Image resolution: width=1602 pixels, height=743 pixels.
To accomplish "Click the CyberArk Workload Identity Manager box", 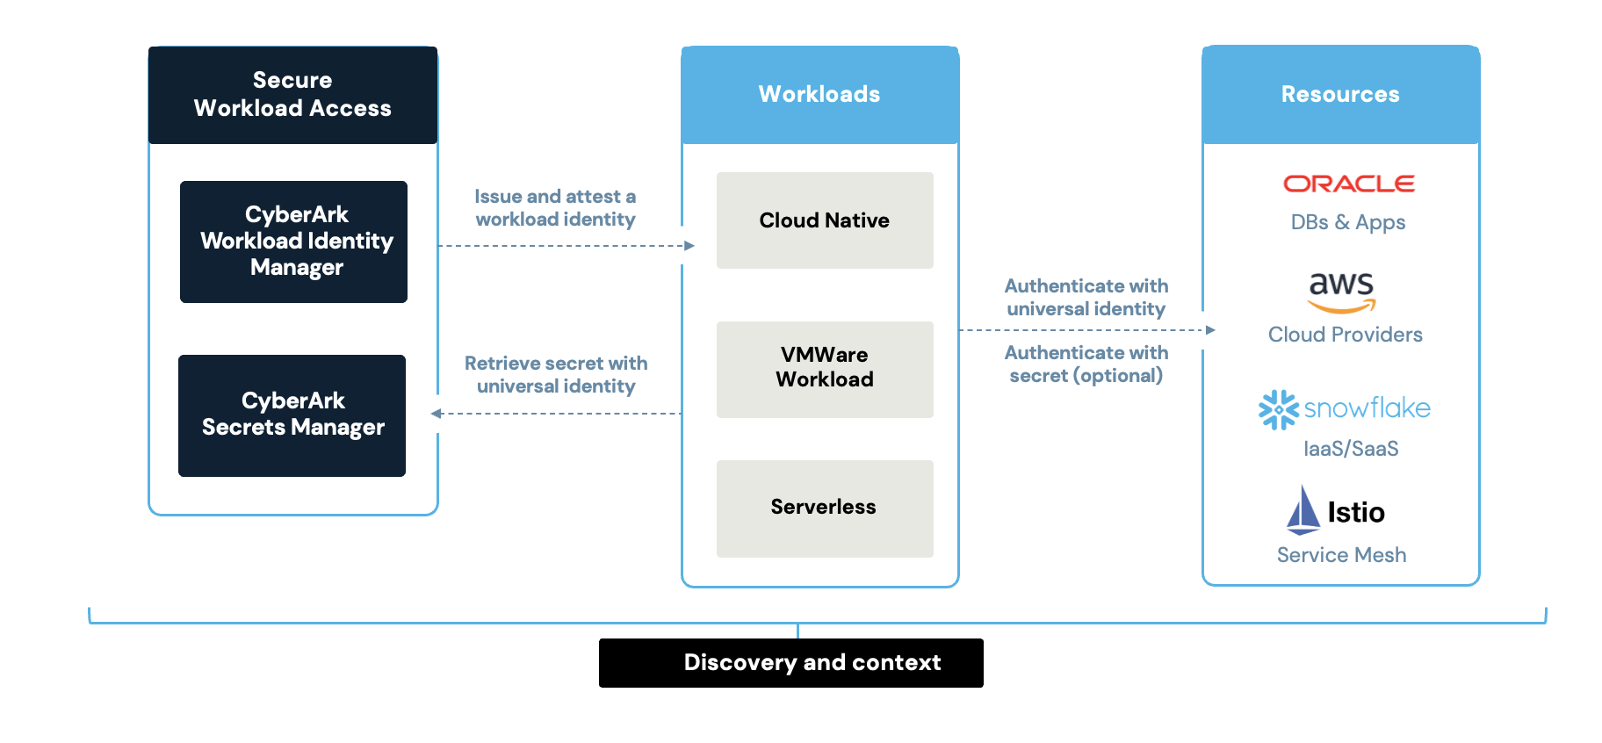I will [293, 242].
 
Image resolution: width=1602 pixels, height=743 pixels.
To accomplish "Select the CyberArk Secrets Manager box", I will [292, 415].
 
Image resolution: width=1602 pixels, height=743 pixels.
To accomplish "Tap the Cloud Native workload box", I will [824, 220].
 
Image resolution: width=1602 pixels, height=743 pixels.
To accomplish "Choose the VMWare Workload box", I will [824, 369].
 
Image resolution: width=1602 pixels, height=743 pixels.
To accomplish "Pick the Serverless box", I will [824, 508].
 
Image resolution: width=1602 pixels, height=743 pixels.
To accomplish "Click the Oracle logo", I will [1348, 184].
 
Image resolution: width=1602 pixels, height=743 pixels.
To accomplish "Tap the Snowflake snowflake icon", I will [1278, 409].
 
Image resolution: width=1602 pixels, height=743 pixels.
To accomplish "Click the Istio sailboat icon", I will [1303, 510].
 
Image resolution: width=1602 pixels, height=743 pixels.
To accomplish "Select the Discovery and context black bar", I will [790, 663].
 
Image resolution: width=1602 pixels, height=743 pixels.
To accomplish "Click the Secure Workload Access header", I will [292, 95].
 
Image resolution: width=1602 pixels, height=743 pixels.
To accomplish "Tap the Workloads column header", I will [819, 95].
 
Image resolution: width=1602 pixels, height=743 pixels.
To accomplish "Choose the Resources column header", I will [1340, 95].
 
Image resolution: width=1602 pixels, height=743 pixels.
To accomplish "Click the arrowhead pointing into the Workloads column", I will [689, 246].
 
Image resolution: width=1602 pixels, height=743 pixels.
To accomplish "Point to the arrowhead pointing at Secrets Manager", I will [436, 414].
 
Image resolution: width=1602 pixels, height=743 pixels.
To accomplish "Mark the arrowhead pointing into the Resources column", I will [1210, 330].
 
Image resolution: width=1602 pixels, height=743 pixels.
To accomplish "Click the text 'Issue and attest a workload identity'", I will [555, 208].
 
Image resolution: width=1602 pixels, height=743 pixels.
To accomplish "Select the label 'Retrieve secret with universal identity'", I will [556, 375].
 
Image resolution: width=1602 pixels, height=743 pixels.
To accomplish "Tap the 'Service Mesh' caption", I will [1341, 555].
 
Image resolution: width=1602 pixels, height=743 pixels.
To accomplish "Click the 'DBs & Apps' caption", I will [1347, 222].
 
